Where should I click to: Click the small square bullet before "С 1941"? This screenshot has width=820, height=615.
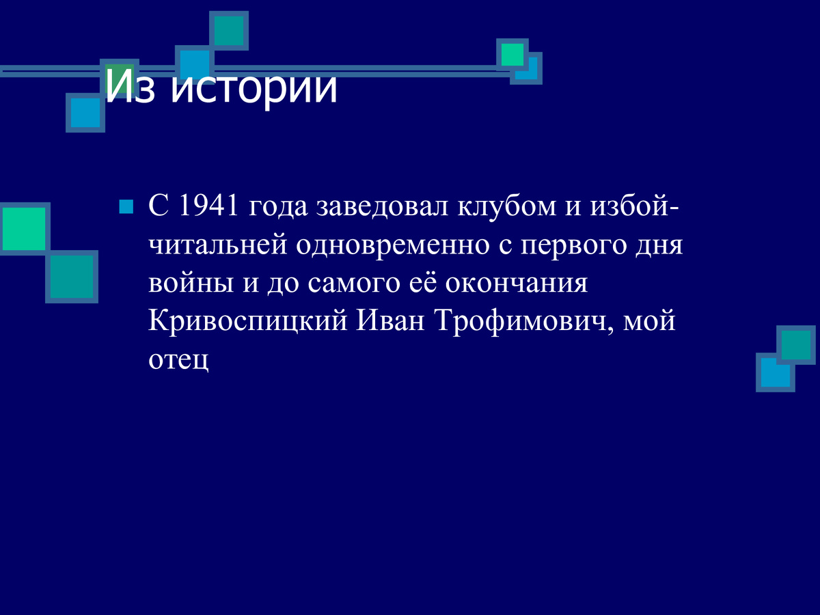[126, 206]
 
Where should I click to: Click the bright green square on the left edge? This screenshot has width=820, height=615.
[24, 228]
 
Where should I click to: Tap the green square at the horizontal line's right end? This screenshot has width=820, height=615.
[512, 54]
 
